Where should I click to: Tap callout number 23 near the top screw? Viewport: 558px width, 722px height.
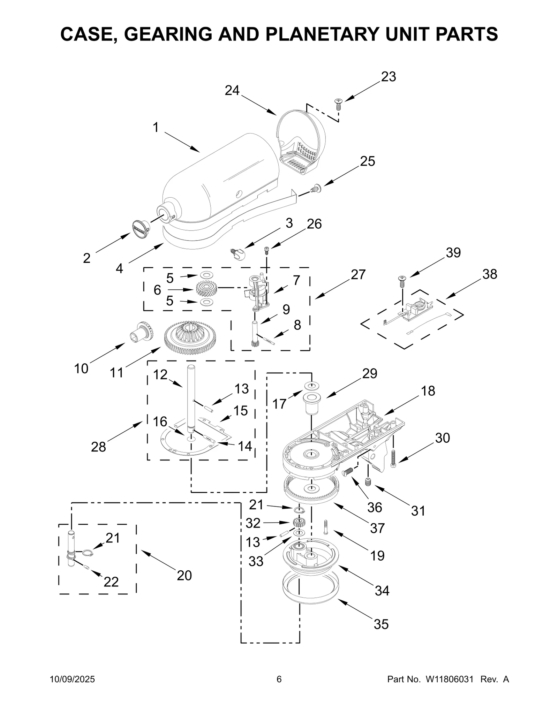tap(389, 77)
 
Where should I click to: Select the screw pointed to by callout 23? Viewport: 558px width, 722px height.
tap(338, 104)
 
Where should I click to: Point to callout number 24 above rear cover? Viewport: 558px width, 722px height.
tap(232, 91)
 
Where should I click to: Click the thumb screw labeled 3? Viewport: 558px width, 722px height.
tap(239, 253)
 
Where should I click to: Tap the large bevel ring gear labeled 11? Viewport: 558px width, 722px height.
tap(190, 337)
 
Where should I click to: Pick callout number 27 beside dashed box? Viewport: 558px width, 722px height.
tap(358, 275)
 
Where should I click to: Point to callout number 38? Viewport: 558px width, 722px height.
tap(490, 274)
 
